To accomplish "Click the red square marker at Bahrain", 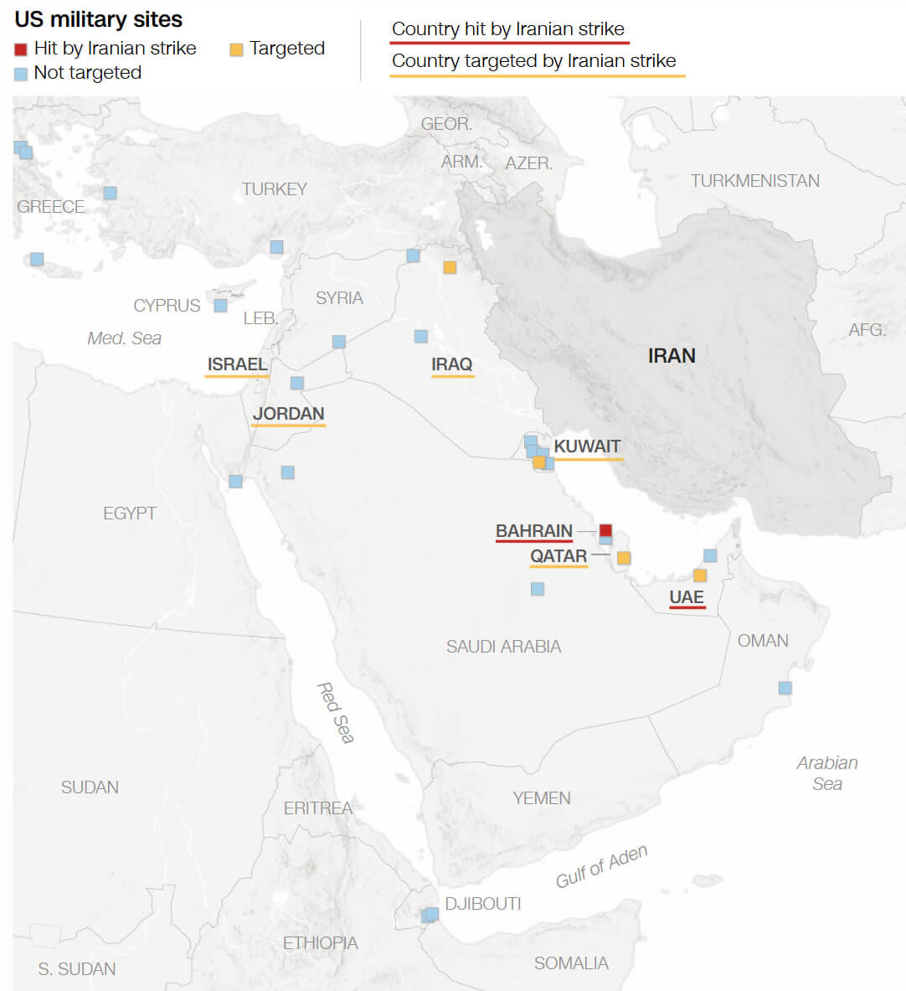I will pyautogui.click(x=605, y=530).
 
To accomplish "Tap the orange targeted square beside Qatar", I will pyautogui.click(x=624, y=558).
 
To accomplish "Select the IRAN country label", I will pyautogui.click(x=672, y=356).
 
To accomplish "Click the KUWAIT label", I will pyautogui.click(x=587, y=446).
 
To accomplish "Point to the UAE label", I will pyautogui.click(x=687, y=597).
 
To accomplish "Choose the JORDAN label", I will pyautogui.click(x=288, y=414).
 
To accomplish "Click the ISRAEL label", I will pyautogui.click(x=238, y=364).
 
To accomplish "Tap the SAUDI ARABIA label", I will pyautogui.click(x=503, y=647).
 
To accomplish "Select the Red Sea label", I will pyautogui.click(x=336, y=713).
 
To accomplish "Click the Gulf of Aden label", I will pyautogui.click(x=601, y=867).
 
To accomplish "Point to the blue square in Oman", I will pyautogui.click(x=785, y=688).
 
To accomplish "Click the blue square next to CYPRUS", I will pyautogui.click(x=220, y=306).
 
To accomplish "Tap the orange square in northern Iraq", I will pyautogui.click(x=450, y=267).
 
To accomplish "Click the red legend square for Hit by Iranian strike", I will pyautogui.click(x=21, y=49).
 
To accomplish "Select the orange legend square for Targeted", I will pyautogui.click(x=236, y=49).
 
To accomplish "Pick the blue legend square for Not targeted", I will pyautogui.click(x=21, y=74).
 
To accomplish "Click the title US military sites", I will pyautogui.click(x=99, y=19).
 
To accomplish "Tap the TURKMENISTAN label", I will pyautogui.click(x=754, y=181).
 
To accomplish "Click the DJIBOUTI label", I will pyautogui.click(x=482, y=904).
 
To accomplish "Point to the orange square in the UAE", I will pyautogui.click(x=700, y=576).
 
